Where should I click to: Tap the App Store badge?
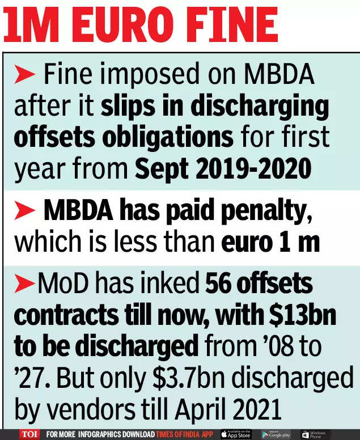[x=236, y=434]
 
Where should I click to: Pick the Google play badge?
[x=276, y=434]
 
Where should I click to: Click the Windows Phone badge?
[x=314, y=434]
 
